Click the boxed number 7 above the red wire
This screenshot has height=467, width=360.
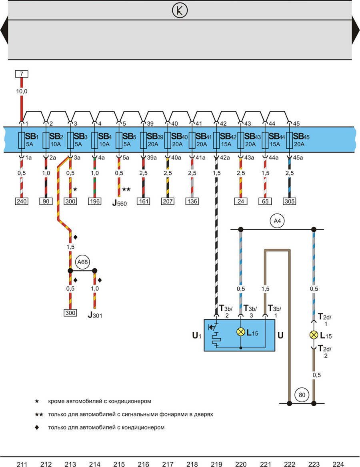(22, 74)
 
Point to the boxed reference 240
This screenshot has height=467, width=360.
(22, 202)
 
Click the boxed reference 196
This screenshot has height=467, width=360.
(95, 202)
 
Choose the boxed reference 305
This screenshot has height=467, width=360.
(290, 202)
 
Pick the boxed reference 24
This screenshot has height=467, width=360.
(241, 202)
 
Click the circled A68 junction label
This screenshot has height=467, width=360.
(82, 262)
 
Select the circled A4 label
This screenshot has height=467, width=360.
(276, 221)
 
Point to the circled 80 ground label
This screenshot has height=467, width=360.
(302, 395)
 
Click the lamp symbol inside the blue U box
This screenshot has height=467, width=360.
(241, 332)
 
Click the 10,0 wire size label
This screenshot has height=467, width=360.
(22, 92)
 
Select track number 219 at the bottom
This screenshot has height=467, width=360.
(216, 464)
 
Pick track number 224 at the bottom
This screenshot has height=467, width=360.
(338, 464)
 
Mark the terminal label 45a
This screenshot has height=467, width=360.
(298, 158)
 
